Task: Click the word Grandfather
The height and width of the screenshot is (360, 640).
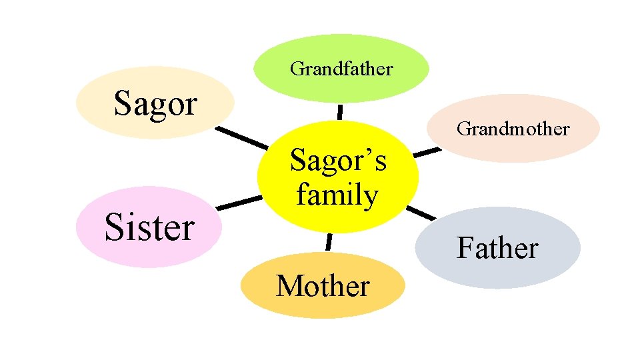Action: pyautogui.click(x=341, y=68)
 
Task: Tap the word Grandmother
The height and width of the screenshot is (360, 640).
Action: pyautogui.click(x=513, y=128)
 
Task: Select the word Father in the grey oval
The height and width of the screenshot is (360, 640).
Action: pyautogui.click(x=497, y=248)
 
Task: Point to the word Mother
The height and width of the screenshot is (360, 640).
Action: pyautogui.click(x=323, y=286)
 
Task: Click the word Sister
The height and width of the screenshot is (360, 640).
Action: pyautogui.click(x=149, y=227)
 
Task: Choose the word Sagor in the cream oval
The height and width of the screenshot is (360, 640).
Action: pyautogui.click(x=155, y=103)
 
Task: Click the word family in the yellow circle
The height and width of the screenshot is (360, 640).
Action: pyautogui.click(x=337, y=195)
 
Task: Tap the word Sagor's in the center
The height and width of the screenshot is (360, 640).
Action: pyautogui.click(x=337, y=161)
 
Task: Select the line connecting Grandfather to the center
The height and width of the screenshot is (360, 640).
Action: pyautogui.click(x=340, y=111)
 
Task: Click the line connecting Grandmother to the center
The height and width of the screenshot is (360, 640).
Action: pyautogui.click(x=427, y=153)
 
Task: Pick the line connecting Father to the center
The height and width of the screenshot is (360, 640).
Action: pyautogui.click(x=421, y=213)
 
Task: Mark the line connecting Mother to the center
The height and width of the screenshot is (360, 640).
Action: pyautogui.click(x=329, y=242)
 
